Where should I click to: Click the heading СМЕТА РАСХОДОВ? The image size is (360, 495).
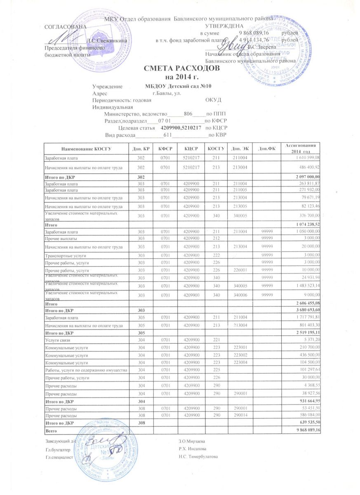point(179,69)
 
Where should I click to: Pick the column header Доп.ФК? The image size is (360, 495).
point(264,148)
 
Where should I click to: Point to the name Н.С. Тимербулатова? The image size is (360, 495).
point(198,457)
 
